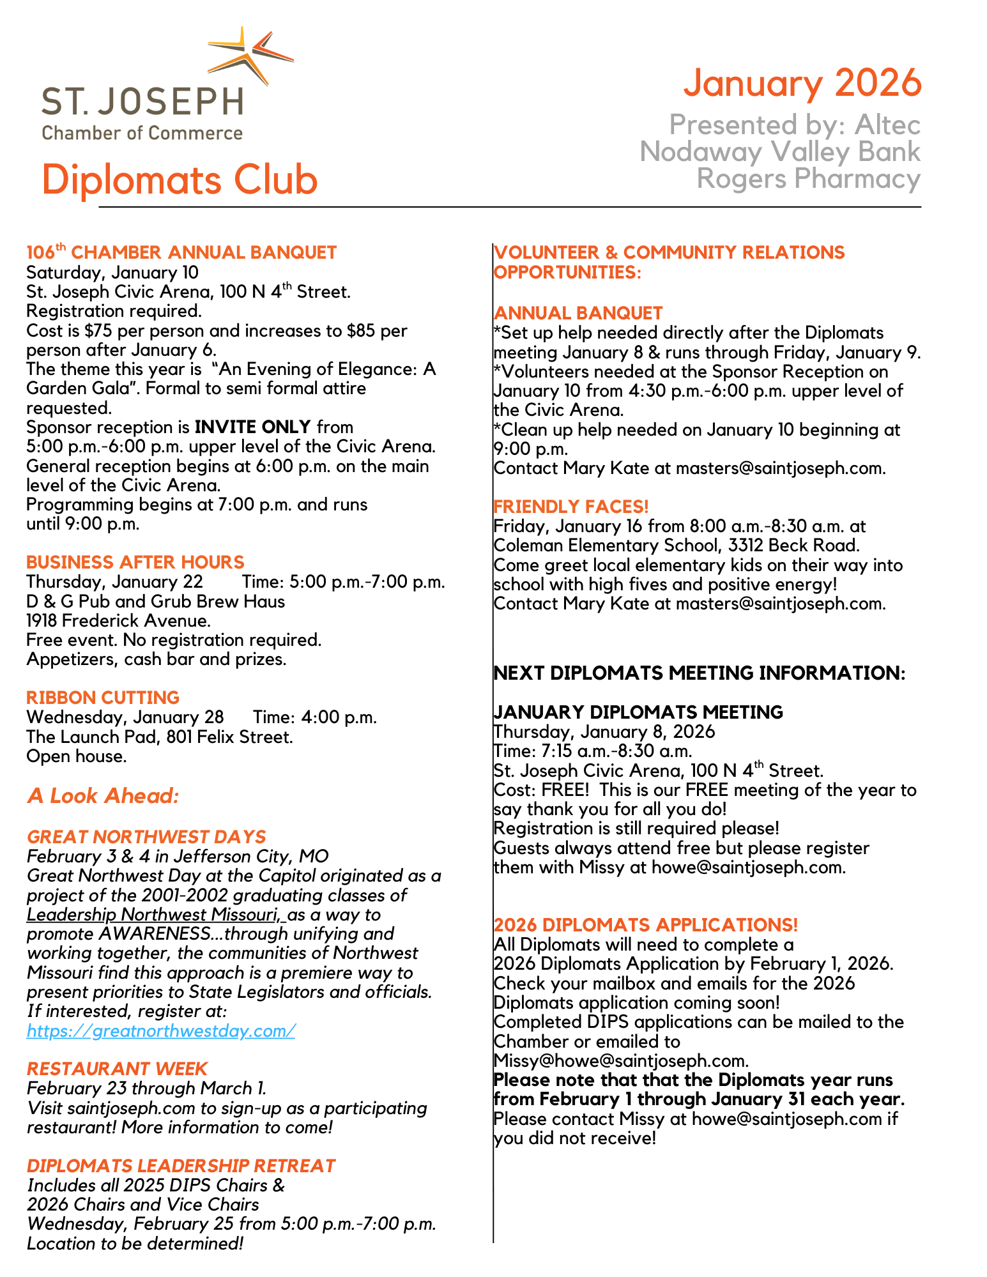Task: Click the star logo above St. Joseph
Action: click(x=250, y=56)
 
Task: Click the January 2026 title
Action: click(x=802, y=83)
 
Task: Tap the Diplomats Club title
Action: click(x=180, y=180)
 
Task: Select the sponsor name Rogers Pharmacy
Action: click(x=808, y=179)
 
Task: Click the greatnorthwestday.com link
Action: click(x=161, y=1030)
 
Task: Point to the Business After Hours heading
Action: click(x=135, y=562)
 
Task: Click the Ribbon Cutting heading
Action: click(x=103, y=697)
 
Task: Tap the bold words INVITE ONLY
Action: click(x=253, y=427)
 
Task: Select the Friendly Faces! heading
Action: click(x=571, y=507)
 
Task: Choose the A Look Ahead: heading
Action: click(x=103, y=796)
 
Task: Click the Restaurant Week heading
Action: click(x=118, y=1069)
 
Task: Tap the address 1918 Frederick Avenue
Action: click(x=118, y=620)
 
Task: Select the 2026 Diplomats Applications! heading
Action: click(x=646, y=925)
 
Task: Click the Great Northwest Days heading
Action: click(x=146, y=837)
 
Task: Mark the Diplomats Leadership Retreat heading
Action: click(x=181, y=1166)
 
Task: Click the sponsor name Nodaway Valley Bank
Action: click(x=780, y=152)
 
